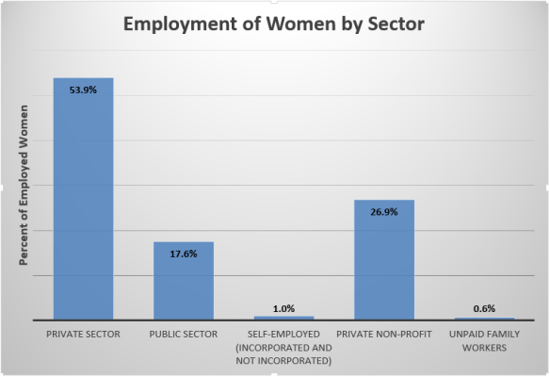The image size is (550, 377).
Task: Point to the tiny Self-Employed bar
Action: point(283,319)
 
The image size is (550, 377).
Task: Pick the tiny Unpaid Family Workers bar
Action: point(484,320)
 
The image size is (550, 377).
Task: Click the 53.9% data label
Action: point(83,90)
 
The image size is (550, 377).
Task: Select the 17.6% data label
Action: point(184,255)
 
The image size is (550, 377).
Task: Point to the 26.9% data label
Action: point(384,213)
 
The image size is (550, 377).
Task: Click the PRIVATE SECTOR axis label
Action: point(83,335)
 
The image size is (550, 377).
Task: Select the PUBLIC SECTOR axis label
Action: point(184,335)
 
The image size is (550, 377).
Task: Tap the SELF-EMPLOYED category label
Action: point(283,335)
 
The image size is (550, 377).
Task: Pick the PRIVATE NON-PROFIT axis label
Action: point(384,335)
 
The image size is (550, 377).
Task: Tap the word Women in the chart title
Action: point(291,25)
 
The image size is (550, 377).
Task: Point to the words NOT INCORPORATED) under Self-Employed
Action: point(283,359)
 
